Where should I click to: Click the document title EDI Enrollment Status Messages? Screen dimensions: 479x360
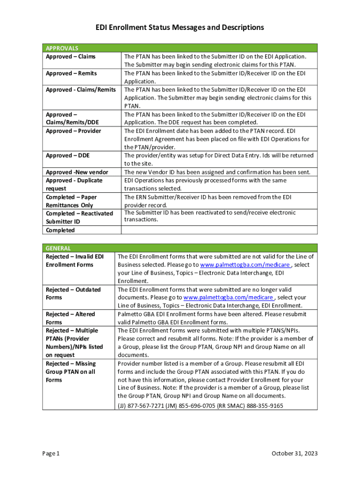pos(180,28)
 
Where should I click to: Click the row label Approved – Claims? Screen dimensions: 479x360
pos(71,57)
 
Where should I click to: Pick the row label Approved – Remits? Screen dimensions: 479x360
pos(71,73)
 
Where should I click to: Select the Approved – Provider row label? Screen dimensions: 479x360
pos(73,131)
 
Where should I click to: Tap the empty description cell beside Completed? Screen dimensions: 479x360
pos(219,230)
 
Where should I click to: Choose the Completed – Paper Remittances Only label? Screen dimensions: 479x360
pos(71,201)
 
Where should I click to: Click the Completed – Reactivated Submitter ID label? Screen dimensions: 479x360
pos(79,218)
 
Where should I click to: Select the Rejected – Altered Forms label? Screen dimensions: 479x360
pos(70,318)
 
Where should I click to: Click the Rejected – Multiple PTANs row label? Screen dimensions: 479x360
pos(74,343)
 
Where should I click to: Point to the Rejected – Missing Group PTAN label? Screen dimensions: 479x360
pos(71,372)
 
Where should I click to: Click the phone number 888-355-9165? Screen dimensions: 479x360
pos(265,406)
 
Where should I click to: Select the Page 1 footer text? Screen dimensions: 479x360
pos(51,454)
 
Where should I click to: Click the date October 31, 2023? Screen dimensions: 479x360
pos(295,454)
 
